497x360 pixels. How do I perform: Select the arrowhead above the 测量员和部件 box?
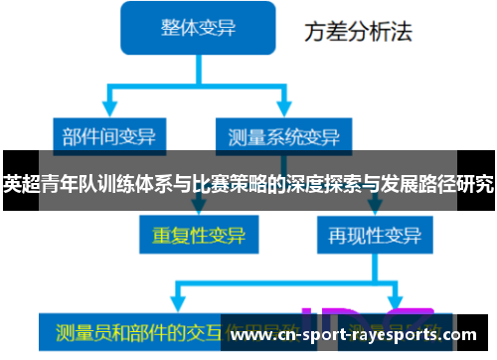177,304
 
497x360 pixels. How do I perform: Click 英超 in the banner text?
19,183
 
